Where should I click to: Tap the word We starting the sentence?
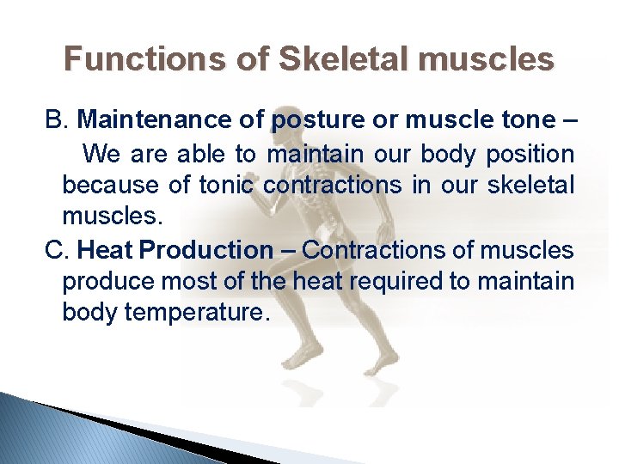(x=104, y=155)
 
